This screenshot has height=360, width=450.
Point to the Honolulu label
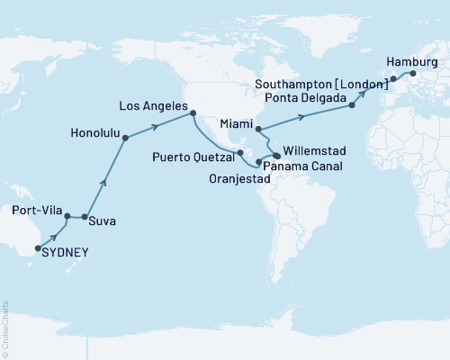[x=95, y=132]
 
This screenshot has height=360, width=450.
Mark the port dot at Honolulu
[x=125, y=138]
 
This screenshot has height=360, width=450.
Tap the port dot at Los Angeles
[x=193, y=112]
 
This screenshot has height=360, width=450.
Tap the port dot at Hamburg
[x=412, y=73]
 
